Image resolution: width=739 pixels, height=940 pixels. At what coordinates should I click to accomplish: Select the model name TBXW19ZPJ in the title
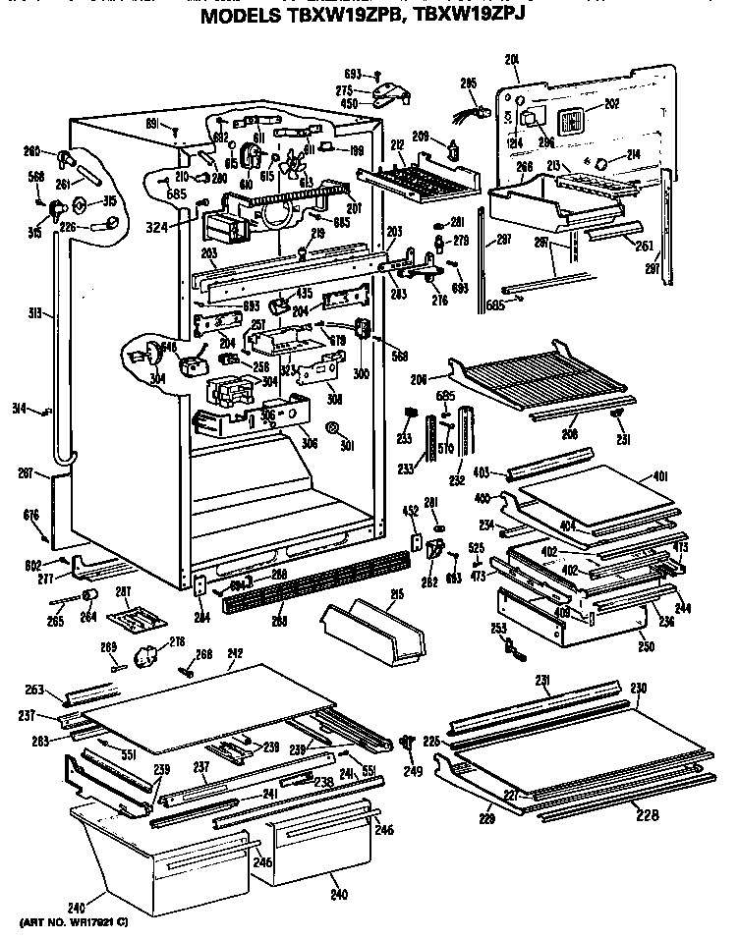469,17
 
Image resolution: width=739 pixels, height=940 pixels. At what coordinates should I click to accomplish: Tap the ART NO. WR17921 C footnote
73,923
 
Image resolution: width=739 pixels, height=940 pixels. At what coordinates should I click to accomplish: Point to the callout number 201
512,61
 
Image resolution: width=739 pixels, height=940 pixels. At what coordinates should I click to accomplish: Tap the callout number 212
397,146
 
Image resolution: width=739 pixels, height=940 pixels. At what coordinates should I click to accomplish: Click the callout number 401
659,476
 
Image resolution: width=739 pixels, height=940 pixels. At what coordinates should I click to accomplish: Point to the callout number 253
498,628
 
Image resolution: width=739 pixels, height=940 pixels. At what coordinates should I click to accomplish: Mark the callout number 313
36,314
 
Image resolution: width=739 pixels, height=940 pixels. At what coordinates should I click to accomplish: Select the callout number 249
413,770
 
